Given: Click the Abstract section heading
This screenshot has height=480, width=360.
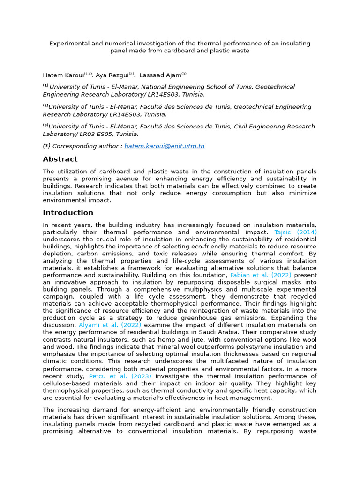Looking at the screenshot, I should (60, 159).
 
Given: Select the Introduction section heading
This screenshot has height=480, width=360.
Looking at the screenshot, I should (68, 213).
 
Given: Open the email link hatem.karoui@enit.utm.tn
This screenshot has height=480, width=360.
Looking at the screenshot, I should (164, 146).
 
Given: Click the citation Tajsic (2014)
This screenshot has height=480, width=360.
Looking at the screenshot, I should (295, 232).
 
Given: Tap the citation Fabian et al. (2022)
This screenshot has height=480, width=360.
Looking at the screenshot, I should (260, 275).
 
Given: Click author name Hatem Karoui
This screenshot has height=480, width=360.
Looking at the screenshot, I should (63, 75).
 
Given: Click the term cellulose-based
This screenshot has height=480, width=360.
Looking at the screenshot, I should (66, 383).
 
